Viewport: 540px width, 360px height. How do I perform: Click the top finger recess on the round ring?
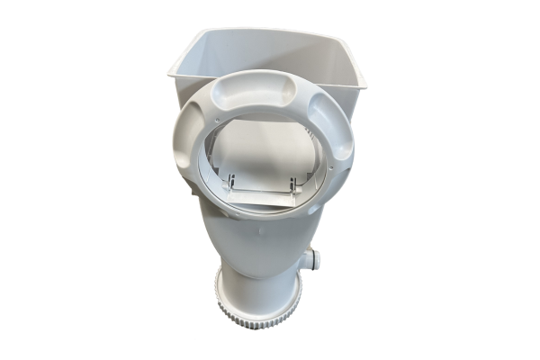[262, 87]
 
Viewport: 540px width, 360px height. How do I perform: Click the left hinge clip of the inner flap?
[231, 183]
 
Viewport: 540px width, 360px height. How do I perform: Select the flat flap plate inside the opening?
[263, 194]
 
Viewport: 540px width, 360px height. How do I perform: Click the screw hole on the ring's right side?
[346, 166]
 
